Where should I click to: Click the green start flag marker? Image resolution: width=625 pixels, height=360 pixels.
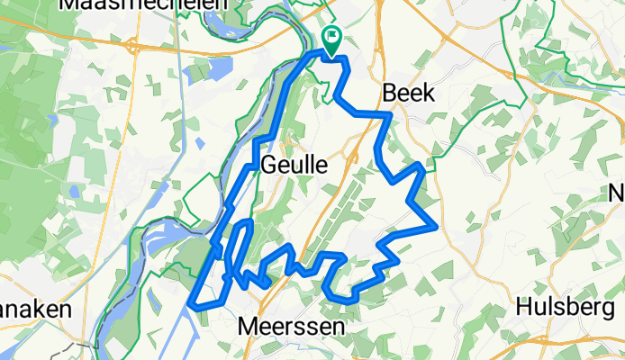tap(331, 40)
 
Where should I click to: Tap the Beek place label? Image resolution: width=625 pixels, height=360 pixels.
tap(408, 92)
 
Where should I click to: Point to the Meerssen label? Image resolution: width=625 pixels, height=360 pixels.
tap(292, 328)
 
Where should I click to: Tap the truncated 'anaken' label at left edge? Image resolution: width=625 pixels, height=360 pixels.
tap(34, 309)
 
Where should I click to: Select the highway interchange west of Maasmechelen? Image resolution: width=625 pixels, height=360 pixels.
tap(132, 45)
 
